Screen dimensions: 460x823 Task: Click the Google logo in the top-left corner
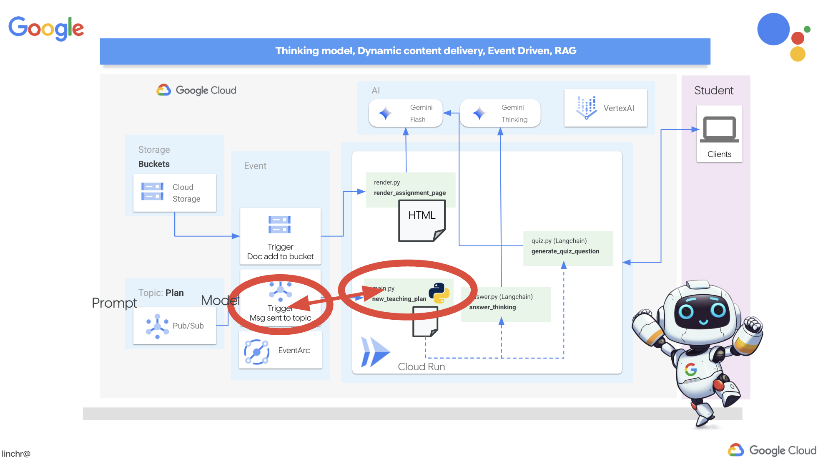click(46, 28)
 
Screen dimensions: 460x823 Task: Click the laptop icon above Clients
click(719, 129)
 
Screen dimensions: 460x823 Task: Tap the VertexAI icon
click(586, 107)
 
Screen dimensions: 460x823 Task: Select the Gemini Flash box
click(406, 113)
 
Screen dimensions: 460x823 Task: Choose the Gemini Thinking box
click(500, 113)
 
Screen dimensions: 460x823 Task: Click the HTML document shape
click(422, 220)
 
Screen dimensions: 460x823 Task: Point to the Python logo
click(439, 293)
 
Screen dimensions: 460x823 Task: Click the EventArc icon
click(256, 351)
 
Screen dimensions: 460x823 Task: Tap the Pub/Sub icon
click(157, 326)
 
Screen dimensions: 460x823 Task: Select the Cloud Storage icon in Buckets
click(152, 192)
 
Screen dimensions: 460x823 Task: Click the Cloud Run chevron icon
click(375, 352)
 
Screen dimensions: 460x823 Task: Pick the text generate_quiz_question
click(565, 251)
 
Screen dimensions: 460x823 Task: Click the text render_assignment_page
click(409, 193)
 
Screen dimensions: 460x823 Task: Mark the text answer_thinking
click(492, 307)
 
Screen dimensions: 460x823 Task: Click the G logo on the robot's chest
click(690, 369)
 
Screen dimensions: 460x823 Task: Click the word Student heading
click(713, 91)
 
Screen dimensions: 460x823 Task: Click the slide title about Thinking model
click(426, 51)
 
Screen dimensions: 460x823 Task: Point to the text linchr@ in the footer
click(16, 454)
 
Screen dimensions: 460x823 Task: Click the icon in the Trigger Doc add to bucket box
click(279, 225)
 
